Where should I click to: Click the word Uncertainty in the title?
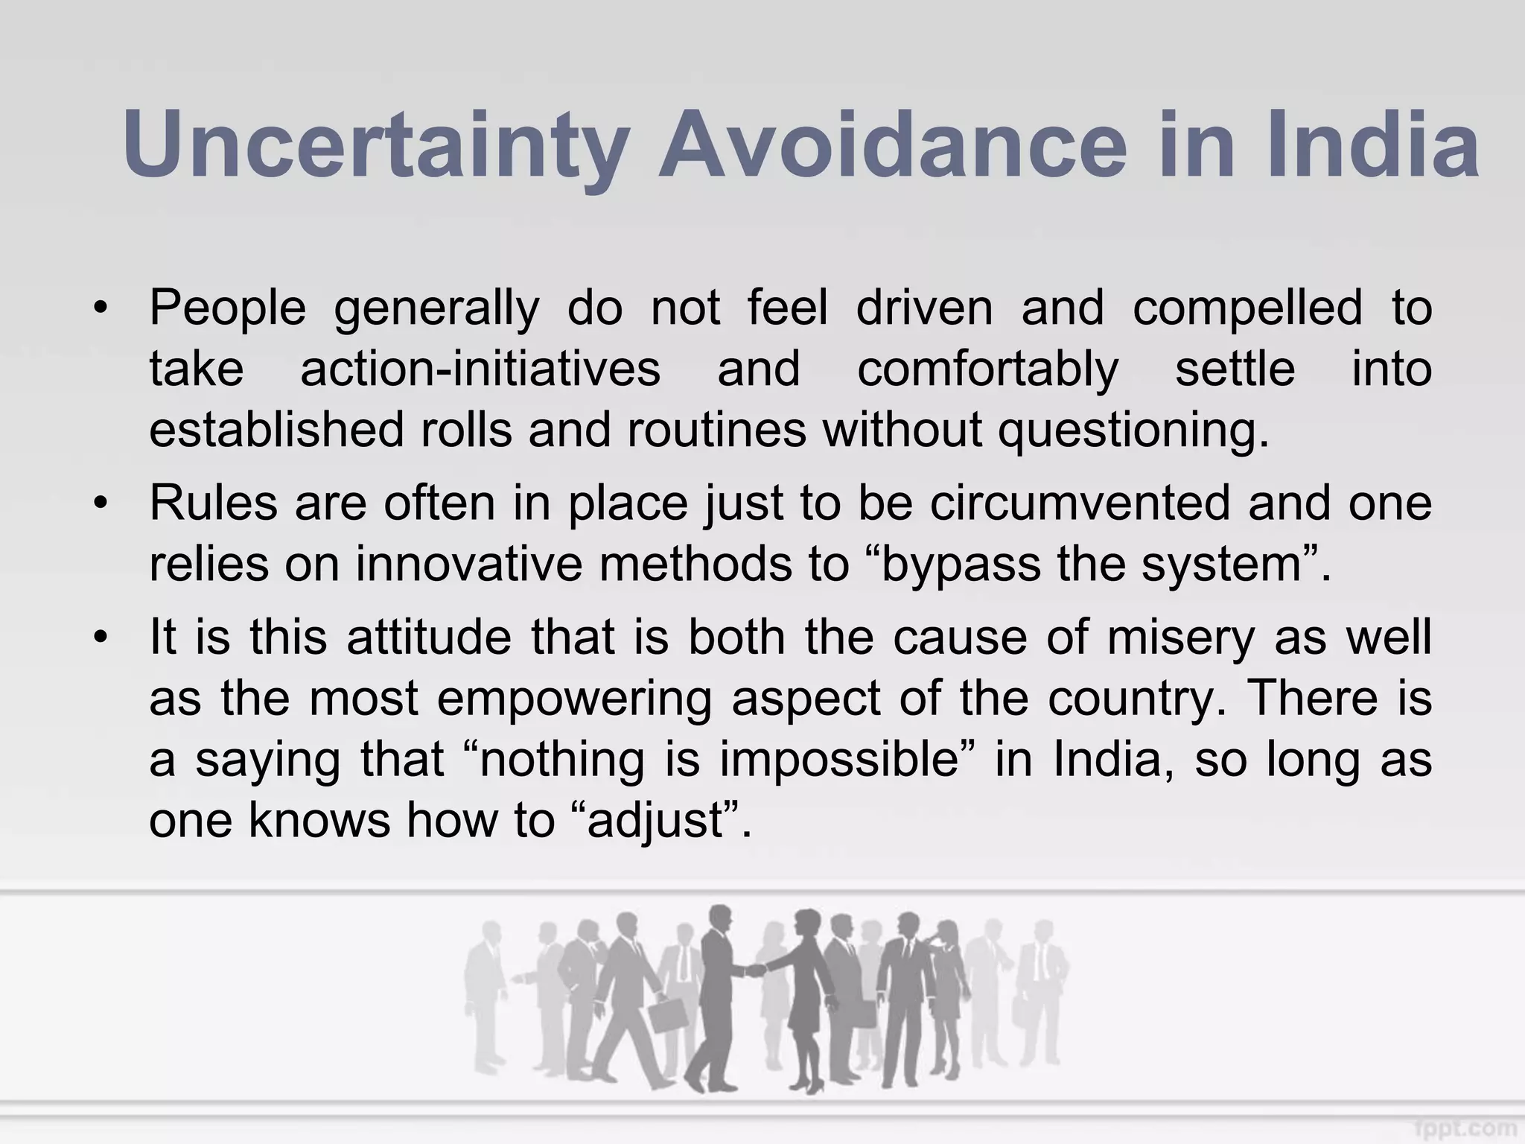(x=376, y=145)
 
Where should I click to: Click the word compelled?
(x=1247, y=308)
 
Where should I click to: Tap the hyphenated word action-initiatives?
(x=480, y=369)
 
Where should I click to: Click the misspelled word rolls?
(x=467, y=430)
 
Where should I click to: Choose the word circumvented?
(x=1080, y=503)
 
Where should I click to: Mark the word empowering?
(x=574, y=699)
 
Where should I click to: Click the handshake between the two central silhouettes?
(x=755, y=970)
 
